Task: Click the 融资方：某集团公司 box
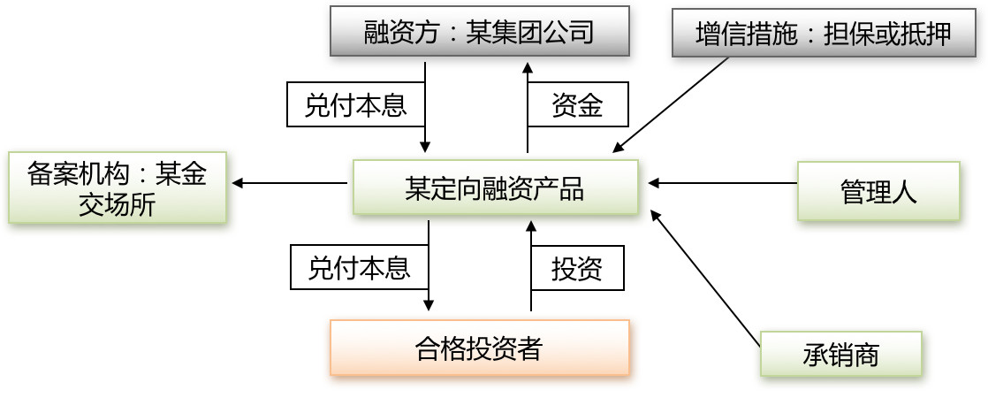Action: click(x=479, y=32)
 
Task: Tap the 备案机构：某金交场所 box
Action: click(x=117, y=188)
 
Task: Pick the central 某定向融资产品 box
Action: click(x=495, y=187)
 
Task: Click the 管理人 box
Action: click(x=878, y=190)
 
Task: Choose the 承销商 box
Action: click(x=840, y=355)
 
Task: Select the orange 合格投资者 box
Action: click(x=479, y=348)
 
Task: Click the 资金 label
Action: click(x=577, y=105)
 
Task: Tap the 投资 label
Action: click(x=577, y=268)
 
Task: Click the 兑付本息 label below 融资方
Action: click(x=355, y=105)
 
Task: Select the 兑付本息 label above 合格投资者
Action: click(x=359, y=267)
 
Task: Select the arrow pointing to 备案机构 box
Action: click(x=289, y=183)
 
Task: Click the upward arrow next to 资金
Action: click(x=528, y=106)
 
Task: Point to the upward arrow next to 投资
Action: click(x=531, y=265)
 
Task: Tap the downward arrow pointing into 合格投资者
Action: click(x=429, y=265)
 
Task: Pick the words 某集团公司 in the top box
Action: click(x=529, y=33)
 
